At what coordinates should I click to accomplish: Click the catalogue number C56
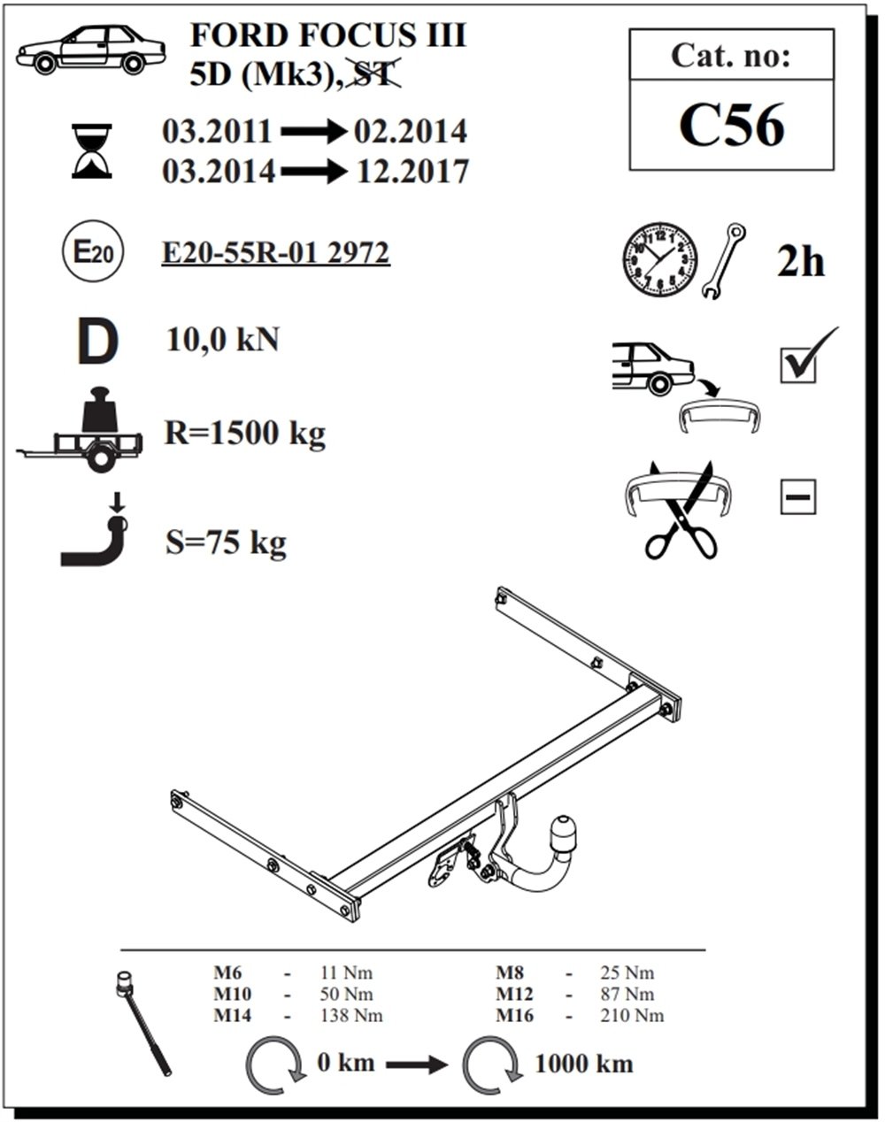point(731,125)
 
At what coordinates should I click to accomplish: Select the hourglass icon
point(92,151)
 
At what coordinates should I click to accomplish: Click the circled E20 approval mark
point(93,251)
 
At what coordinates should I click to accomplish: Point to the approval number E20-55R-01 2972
point(276,253)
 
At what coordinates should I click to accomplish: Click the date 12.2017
point(412,172)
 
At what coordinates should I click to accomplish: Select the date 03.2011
point(217,131)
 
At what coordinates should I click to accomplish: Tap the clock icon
point(659,259)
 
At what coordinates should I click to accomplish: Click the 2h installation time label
point(801,262)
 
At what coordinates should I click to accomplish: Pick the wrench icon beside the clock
point(723,261)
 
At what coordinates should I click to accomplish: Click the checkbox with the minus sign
point(798,496)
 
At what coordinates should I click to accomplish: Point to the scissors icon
point(681,510)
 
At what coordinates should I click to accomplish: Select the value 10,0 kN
point(223,341)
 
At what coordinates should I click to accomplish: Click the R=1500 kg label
point(244,434)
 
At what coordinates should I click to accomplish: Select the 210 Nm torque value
point(632,1015)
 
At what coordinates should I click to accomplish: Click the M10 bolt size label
point(233,994)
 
